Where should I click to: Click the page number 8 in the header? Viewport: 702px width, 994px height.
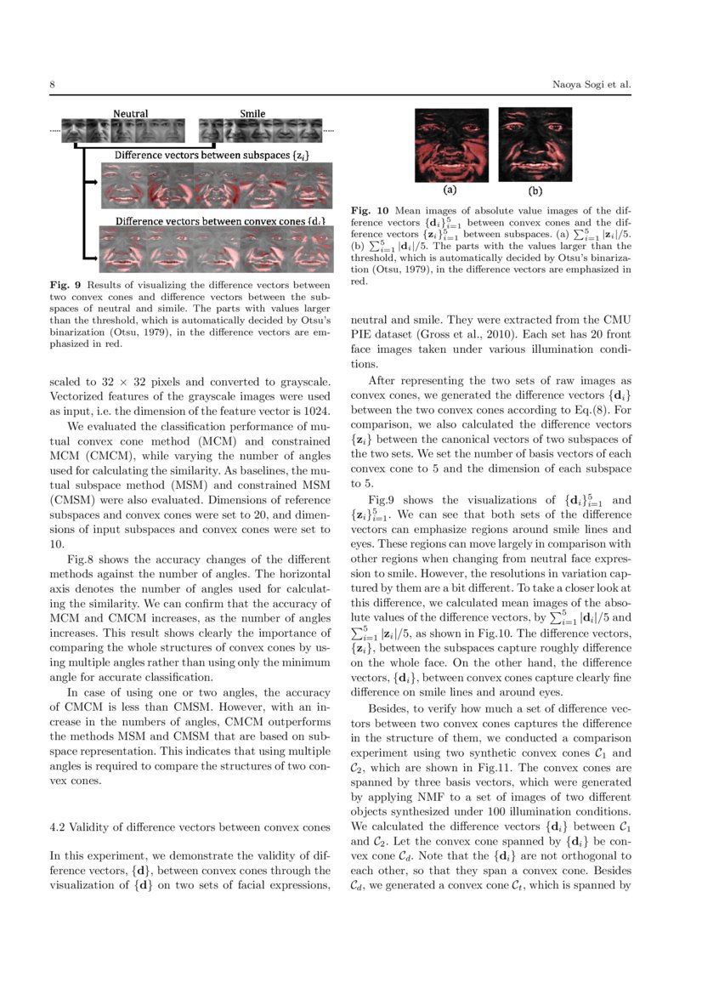(52, 85)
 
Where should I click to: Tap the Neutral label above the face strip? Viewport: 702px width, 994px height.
(131, 113)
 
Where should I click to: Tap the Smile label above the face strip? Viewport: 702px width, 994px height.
(252, 113)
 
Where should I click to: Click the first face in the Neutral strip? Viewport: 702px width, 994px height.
(75, 131)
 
